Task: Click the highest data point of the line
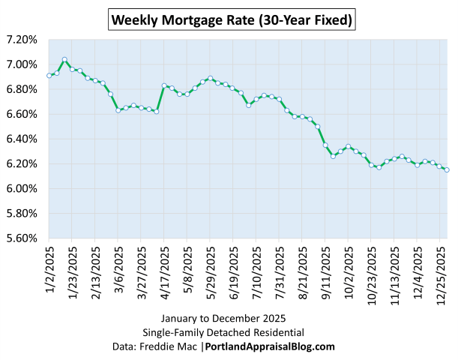pos(64,59)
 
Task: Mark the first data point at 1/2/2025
pos(49,75)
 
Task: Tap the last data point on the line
pos(448,170)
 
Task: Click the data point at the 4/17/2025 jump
pos(164,85)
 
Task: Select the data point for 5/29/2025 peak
pos(211,78)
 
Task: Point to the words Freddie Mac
pos(179,346)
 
